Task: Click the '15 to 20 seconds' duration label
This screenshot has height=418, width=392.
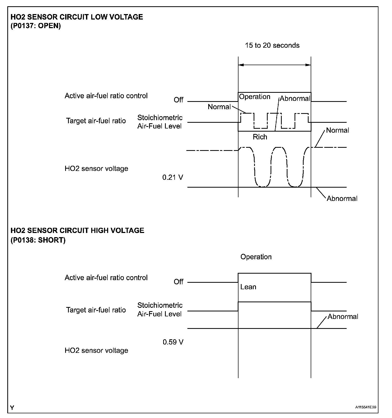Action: pyautogui.click(x=272, y=45)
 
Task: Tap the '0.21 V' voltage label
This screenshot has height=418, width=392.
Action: pyautogui.click(x=173, y=177)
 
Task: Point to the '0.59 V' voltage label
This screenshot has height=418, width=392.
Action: pyautogui.click(x=173, y=342)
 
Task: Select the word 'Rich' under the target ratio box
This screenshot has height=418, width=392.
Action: pyautogui.click(x=260, y=137)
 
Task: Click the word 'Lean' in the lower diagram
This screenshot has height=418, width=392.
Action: pyautogui.click(x=248, y=287)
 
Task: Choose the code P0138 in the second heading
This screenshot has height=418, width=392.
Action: pyautogui.click(x=24, y=240)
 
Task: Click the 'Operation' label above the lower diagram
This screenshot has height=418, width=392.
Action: pyautogui.click(x=256, y=257)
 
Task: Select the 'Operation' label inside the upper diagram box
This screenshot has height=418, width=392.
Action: pyautogui.click(x=255, y=97)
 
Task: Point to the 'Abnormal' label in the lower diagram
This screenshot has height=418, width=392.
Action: pyautogui.click(x=343, y=317)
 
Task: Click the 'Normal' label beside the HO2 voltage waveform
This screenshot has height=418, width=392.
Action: pyautogui.click(x=338, y=130)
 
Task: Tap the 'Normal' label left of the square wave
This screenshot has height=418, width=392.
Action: pyautogui.click(x=219, y=107)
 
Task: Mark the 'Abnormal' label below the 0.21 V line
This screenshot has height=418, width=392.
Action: pyautogui.click(x=342, y=199)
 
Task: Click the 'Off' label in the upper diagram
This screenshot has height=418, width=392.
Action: pyautogui.click(x=179, y=100)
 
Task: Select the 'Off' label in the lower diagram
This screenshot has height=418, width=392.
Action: pyautogui.click(x=179, y=282)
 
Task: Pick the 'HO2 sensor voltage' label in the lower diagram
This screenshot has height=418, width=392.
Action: pyautogui.click(x=96, y=351)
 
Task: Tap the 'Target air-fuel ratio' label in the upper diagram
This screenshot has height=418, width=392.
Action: pyautogui.click(x=96, y=121)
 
